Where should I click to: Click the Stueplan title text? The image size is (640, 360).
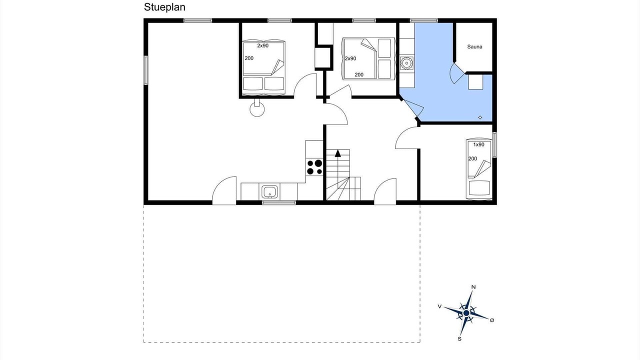(164, 7)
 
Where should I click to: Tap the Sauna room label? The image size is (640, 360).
(474, 46)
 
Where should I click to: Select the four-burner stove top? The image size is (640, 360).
(314, 167)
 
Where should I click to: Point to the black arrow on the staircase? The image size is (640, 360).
(338, 153)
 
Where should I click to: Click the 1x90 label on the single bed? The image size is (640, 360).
(479, 144)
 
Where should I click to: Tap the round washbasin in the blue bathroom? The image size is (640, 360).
(406, 63)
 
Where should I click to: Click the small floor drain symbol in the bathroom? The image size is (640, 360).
(480, 117)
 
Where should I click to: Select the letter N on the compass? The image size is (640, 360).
(473, 287)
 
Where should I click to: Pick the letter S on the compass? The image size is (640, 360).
(459, 339)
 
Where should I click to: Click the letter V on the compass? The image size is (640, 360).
(439, 306)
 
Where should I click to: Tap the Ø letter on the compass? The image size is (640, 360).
(491, 320)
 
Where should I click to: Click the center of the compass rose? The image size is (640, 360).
(466, 313)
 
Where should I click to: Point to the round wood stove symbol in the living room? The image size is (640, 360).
(257, 109)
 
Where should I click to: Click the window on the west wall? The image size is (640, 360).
(145, 70)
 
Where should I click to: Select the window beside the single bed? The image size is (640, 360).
(494, 144)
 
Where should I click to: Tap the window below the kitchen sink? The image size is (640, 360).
(279, 202)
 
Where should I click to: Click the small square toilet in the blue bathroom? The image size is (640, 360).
(475, 82)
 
